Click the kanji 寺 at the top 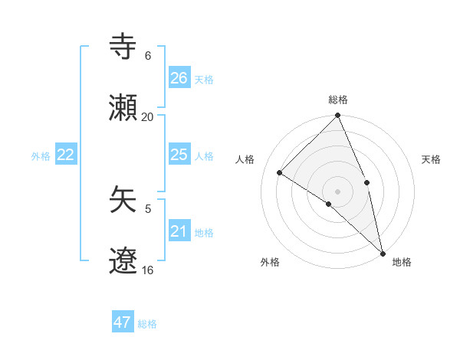(123, 47)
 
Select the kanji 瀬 (123, 109)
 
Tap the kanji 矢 (123, 201)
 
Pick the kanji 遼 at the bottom (123, 262)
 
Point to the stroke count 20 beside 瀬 (148, 116)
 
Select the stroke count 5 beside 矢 (148, 208)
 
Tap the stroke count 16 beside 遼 (148, 270)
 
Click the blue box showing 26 (179, 78)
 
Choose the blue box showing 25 (179, 155)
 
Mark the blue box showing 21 (179, 231)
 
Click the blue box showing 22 (66, 155)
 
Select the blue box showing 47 (123, 322)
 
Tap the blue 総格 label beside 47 (147, 324)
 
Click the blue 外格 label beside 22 (41, 156)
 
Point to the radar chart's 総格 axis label (337, 100)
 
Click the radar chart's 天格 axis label (432, 159)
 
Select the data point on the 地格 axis (383, 252)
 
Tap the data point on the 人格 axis (280, 172)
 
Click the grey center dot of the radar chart (337, 191)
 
